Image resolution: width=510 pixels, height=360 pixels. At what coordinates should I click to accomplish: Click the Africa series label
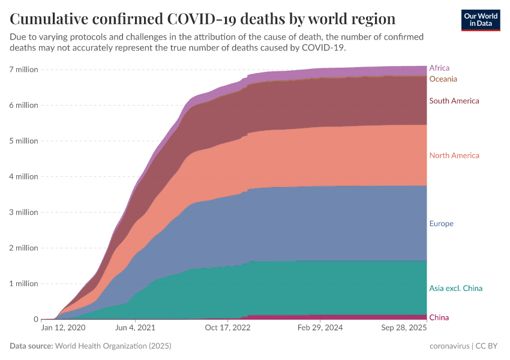439,68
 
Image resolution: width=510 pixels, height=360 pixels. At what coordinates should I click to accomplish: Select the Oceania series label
443,79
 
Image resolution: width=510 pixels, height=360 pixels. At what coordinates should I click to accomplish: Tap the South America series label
454,101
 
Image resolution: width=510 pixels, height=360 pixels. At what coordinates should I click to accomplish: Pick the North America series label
454,155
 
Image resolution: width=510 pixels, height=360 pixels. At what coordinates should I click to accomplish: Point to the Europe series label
441,223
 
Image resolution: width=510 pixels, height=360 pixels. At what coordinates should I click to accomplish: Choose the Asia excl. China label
455,288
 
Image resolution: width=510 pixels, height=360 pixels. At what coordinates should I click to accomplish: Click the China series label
439,317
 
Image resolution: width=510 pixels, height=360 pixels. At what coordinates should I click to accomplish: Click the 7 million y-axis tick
23,70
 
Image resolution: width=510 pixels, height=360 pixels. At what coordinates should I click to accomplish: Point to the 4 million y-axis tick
23,176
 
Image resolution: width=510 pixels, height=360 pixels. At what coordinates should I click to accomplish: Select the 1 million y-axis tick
23,283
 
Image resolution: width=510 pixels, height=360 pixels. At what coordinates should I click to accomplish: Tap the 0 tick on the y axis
36,319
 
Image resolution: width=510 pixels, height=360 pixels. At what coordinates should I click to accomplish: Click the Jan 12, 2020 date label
64,329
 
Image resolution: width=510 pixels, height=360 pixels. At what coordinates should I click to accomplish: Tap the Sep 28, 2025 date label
404,329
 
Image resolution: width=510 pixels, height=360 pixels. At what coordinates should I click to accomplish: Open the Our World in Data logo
481,20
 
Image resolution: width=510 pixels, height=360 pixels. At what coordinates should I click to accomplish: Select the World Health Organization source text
113,346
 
